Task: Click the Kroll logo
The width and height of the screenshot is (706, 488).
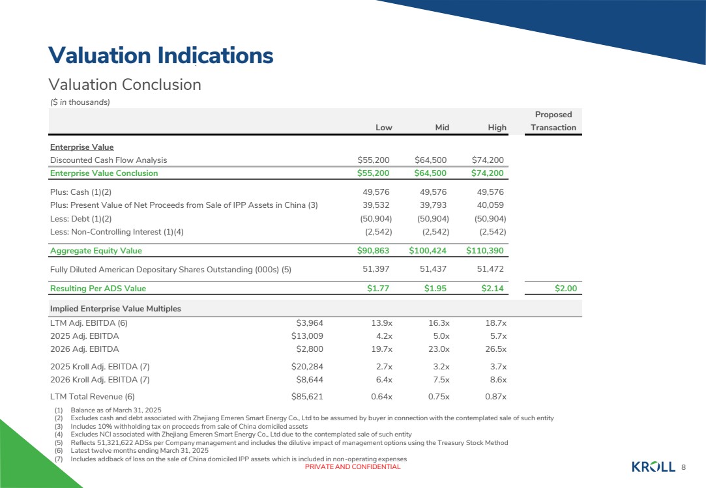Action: click(x=653, y=467)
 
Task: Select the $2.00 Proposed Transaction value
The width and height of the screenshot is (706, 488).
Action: click(x=566, y=288)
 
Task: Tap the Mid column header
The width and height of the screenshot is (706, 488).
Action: click(x=442, y=128)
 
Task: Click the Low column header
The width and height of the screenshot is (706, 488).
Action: click(x=383, y=128)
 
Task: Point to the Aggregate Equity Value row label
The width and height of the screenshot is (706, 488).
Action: click(x=96, y=251)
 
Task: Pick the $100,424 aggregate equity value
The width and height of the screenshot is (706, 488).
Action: click(x=427, y=250)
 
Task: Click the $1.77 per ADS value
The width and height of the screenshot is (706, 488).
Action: click(x=377, y=288)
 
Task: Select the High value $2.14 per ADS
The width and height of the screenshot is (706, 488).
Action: click(x=492, y=288)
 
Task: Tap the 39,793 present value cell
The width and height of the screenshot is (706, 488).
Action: click(x=433, y=205)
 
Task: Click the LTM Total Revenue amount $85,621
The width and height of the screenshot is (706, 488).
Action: click(x=307, y=397)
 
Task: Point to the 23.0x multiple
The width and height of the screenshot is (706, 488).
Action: click(x=439, y=349)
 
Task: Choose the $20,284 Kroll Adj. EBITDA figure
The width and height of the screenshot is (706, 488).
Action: click(x=307, y=366)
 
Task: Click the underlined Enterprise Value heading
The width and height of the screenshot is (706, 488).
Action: click(x=82, y=147)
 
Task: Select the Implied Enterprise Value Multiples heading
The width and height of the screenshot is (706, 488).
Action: click(x=116, y=308)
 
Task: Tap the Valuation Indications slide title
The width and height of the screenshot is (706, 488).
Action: click(x=161, y=55)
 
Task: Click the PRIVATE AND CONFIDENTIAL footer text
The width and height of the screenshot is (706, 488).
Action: click(x=353, y=467)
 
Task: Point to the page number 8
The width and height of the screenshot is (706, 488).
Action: click(x=683, y=467)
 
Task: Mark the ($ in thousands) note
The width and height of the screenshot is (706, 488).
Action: click(x=80, y=102)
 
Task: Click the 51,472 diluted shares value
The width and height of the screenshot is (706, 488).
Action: click(x=490, y=269)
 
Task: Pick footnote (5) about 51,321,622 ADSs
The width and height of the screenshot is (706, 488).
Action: click(x=282, y=442)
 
